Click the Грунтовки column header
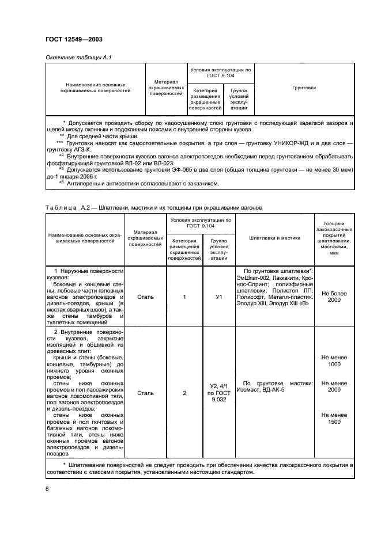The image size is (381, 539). click(304, 88)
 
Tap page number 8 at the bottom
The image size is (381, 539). click(47, 488)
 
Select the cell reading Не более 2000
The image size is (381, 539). click(334, 297)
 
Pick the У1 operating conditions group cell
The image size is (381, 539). click(218, 297)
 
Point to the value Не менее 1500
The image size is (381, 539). click(334, 417)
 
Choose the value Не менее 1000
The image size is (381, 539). click(334, 360)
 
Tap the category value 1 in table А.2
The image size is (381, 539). click(184, 297)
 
